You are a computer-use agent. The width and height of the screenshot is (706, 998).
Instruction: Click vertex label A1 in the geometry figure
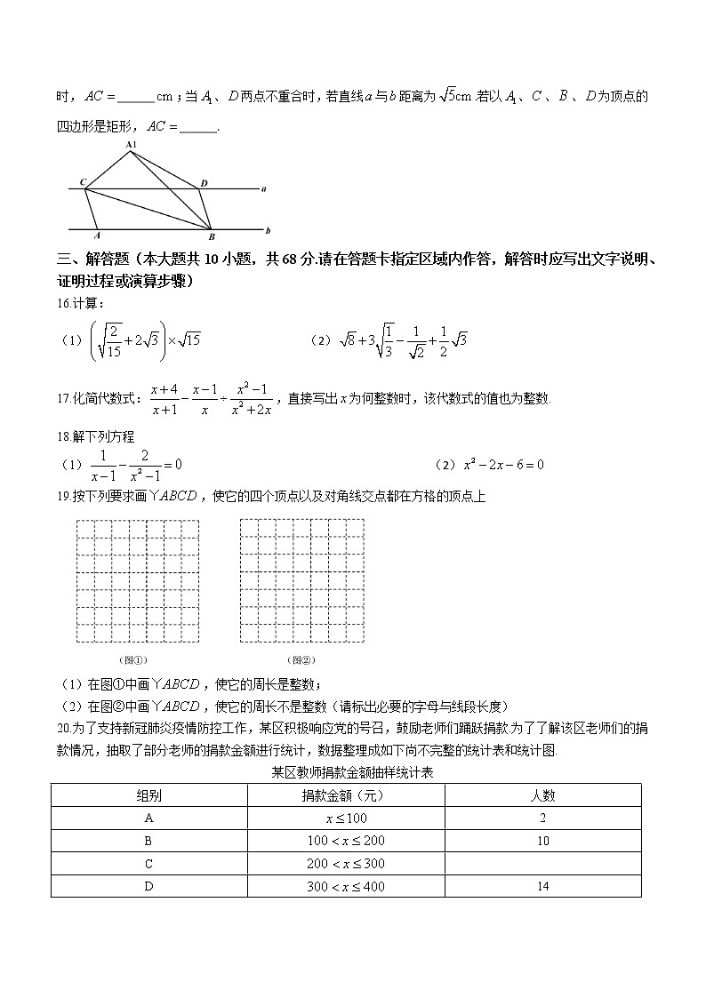pos(131,144)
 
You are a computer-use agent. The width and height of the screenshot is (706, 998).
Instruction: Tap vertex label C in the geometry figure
pos(83,183)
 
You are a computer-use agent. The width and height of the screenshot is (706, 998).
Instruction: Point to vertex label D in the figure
pos(204,183)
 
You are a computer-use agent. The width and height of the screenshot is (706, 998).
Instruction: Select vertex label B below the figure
pos(211,237)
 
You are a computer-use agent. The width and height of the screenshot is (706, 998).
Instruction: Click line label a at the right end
pos(264,188)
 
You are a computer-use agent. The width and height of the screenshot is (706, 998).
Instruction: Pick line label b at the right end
pos(267,229)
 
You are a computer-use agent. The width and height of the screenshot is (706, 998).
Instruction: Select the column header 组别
pos(148,795)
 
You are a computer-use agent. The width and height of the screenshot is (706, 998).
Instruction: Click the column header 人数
pos(542,795)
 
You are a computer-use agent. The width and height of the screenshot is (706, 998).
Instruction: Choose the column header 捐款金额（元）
pos(346,795)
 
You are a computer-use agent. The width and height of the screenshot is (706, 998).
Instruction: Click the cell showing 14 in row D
pos(542,886)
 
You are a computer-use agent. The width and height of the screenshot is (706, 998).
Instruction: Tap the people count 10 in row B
pos(542,841)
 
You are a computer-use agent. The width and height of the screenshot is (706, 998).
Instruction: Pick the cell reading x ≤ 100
pos(346,818)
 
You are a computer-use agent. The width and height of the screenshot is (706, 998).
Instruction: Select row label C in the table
pos(148,863)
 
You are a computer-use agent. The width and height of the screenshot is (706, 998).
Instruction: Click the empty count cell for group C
pos(542,863)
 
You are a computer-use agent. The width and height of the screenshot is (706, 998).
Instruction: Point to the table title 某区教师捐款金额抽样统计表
pos(352,773)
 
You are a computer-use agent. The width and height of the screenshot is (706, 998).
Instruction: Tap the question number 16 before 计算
pos(62,304)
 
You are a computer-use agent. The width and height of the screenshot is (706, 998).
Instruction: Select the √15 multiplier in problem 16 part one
pos(190,339)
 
